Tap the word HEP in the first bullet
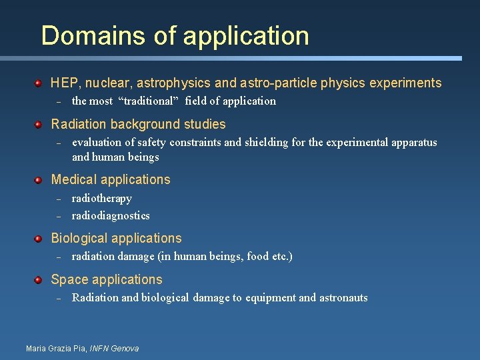pyautogui.click(x=64, y=83)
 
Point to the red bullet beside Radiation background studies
pyautogui.click(x=39, y=124)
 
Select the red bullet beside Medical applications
pyautogui.click(x=39, y=179)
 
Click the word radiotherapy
pyautogui.click(x=101, y=199)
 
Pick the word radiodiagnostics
pyautogui.click(x=110, y=215)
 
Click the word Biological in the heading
pyautogui.click(x=78, y=239)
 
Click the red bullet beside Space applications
pyautogui.click(x=39, y=279)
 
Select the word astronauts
pyautogui.click(x=343, y=298)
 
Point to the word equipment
pyautogui.click(x=271, y=298)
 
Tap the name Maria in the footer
pyautogui.click(x=36, y=349)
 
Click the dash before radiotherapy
pyautogui.click(x=58, y=199)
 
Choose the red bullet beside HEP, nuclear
pyautogui.click(x=39, y=83)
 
